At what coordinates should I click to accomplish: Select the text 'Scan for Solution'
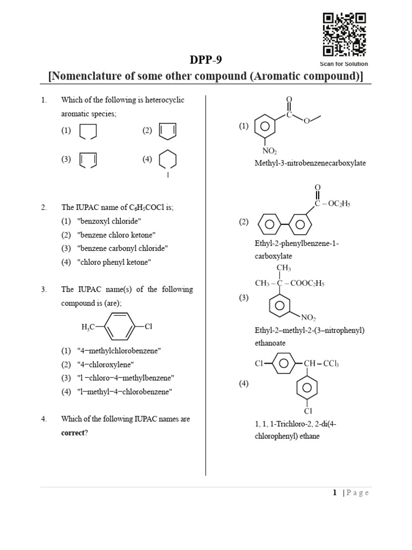tap(344, 64)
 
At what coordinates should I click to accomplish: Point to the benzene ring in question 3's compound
tap(120, 327)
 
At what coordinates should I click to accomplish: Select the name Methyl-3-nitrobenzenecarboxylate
tap(310, 163)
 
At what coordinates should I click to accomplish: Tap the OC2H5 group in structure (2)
tap(339, 204)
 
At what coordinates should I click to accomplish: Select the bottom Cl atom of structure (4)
tap(308, 411)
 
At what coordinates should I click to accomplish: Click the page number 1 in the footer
tap(335, 493)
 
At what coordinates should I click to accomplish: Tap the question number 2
tap(44, 207)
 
